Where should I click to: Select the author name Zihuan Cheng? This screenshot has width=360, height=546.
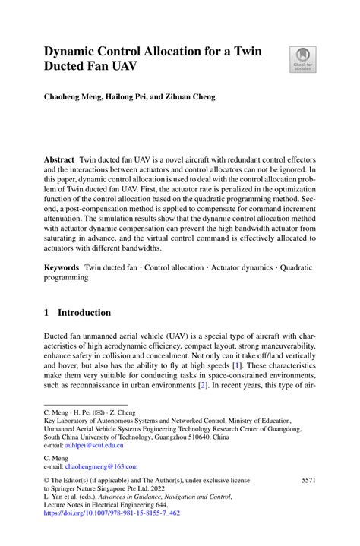tap(188, 97)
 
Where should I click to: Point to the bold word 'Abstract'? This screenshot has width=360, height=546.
tap(59, 162)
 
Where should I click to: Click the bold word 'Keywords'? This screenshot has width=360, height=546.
tap(62, 267)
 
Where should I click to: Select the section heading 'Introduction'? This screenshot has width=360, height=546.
tap(84, 312)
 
